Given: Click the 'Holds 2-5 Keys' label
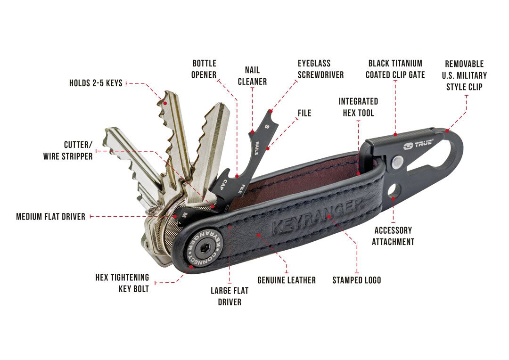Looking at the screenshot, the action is [x=96, y=83].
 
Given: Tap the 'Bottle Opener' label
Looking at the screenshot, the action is [x=204, y=69].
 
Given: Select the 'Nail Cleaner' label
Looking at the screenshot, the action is [x=252, y=76].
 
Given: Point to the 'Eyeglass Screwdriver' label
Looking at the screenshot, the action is [x=321, y=69].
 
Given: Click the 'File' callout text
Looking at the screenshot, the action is [x=304, y=113].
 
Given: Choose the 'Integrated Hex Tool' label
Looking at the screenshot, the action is [x=358, y=107].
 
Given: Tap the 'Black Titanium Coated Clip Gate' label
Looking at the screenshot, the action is [x=395, y=69].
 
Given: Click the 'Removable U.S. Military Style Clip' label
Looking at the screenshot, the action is [x=465, y=75].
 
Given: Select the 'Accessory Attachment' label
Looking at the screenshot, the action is [x=393, y=236].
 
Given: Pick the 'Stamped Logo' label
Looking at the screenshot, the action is [x=357, y=280].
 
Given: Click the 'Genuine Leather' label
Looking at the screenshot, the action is [x=287, y=280].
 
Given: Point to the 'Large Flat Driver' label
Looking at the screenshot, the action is [x=230, y=296].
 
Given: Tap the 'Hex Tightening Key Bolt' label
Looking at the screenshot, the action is [x=123, y=283].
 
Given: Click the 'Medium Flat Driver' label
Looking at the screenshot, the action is [x=50, y=217].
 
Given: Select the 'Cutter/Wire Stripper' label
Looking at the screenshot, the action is [x=68, y=150].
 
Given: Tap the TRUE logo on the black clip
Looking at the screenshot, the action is [x=418, y=145].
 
